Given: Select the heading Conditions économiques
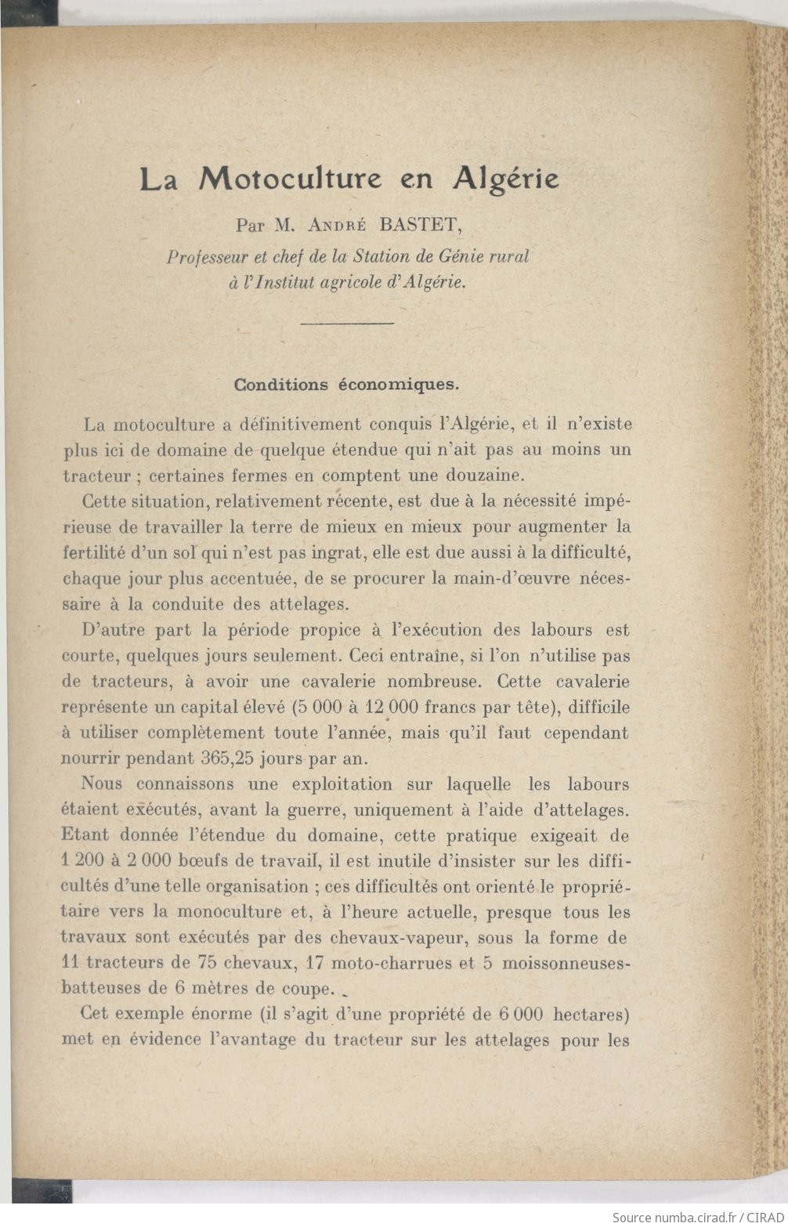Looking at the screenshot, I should pos(346,385).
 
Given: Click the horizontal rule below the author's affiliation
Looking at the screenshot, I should pos(346,323).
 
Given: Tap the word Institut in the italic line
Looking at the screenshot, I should pos(280,283).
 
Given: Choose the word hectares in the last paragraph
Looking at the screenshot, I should pos(591,1015).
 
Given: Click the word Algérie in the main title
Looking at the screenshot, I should pos(505,179).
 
